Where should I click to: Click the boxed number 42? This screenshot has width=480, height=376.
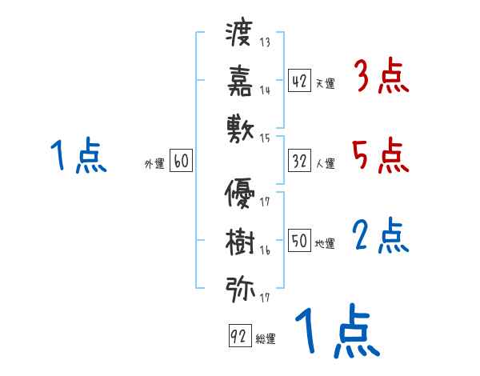[299, 80]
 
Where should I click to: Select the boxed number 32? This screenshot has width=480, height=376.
[299, 161]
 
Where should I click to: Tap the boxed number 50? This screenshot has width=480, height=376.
[299, 240]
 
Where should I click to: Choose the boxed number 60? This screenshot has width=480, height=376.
[181, 161]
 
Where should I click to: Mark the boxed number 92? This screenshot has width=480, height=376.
[238, 337]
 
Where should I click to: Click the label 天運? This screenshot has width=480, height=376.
[325, 83]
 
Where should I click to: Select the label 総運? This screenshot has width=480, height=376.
[265, 339]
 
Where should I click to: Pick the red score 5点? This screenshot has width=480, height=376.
[381, 155]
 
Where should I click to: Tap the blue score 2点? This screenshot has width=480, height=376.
[381, 235]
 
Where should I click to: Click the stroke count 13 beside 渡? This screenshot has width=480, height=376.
[265, 42]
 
